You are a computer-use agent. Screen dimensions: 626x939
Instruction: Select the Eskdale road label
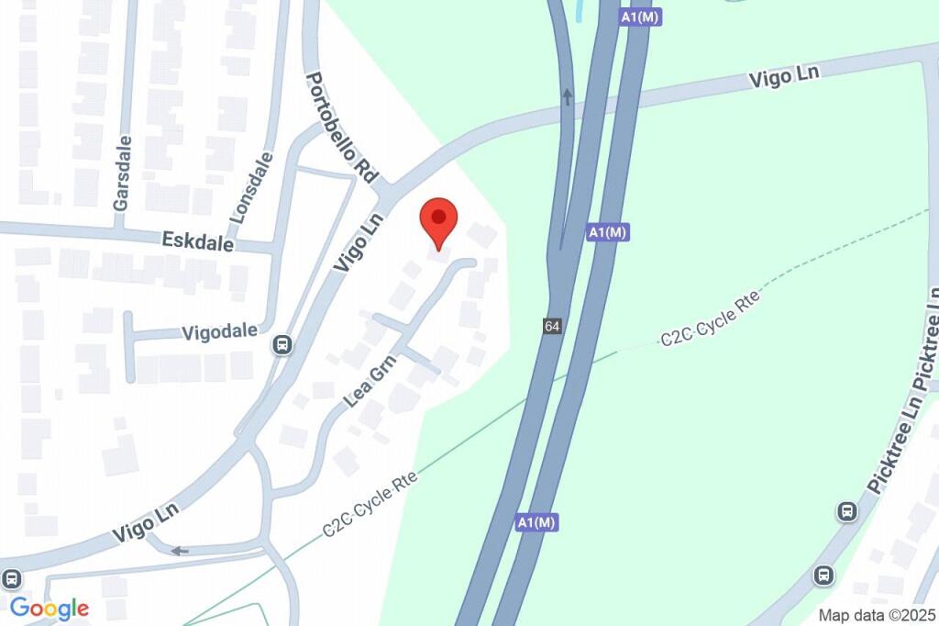(x=197, y=241)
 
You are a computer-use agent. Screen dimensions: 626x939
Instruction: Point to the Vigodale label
(x=219, y=331)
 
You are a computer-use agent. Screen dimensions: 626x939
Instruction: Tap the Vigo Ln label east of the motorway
(x=783, y=76)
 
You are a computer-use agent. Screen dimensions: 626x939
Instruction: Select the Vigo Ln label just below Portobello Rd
(x=357, y=242)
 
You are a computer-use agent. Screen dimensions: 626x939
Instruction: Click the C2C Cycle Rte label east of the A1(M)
(x=711, y=319)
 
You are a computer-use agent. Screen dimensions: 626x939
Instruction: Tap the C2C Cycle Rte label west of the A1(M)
(x=370, y=503)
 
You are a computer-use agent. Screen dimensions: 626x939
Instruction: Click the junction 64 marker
(x=551, y=327)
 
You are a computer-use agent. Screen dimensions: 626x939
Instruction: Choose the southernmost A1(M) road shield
(x=536, y=522)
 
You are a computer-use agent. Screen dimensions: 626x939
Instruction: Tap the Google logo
(x=50, y=608)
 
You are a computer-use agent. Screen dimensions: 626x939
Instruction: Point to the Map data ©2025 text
(x=877, y=615)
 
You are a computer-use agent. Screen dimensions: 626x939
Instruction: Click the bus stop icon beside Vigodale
(x=282, y=346)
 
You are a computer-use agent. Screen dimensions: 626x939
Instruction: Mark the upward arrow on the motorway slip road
(x=567, y=96)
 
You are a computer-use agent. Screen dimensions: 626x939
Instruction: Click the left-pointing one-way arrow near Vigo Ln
(x=180, y=551)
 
